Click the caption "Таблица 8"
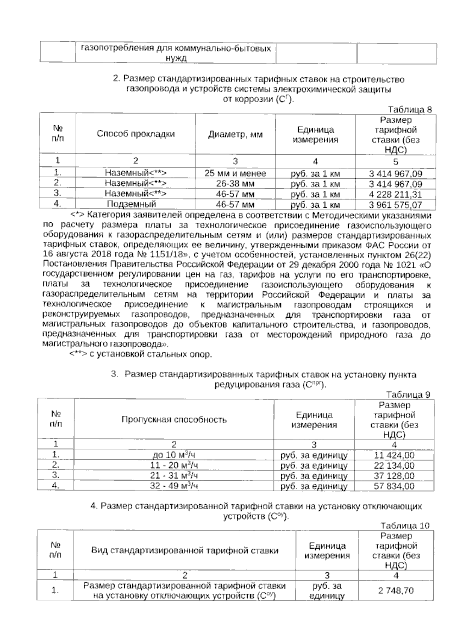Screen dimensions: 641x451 (410, 110)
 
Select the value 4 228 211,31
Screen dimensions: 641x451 (395, 195)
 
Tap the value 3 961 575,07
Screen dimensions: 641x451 (395, 205)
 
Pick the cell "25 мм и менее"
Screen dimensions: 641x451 (235, 173)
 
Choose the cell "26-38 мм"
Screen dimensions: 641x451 (235, 184)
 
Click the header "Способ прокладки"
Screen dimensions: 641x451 (136, 134)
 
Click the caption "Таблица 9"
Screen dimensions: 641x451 (408, 395)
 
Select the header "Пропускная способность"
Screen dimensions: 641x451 (174, 419)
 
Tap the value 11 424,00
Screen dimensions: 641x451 (394, 455)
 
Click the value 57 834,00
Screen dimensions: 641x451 (394, 486)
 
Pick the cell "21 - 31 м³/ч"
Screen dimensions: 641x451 (174, 476)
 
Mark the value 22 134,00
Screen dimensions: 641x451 (394, 466)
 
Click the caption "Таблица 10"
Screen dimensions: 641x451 (405, 525)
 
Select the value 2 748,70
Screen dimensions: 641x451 (396, 591)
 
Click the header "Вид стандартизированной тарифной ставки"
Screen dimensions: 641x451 (185, 551)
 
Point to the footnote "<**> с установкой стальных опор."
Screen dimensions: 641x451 (141, 354)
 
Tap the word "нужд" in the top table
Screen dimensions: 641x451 (176, 59)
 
